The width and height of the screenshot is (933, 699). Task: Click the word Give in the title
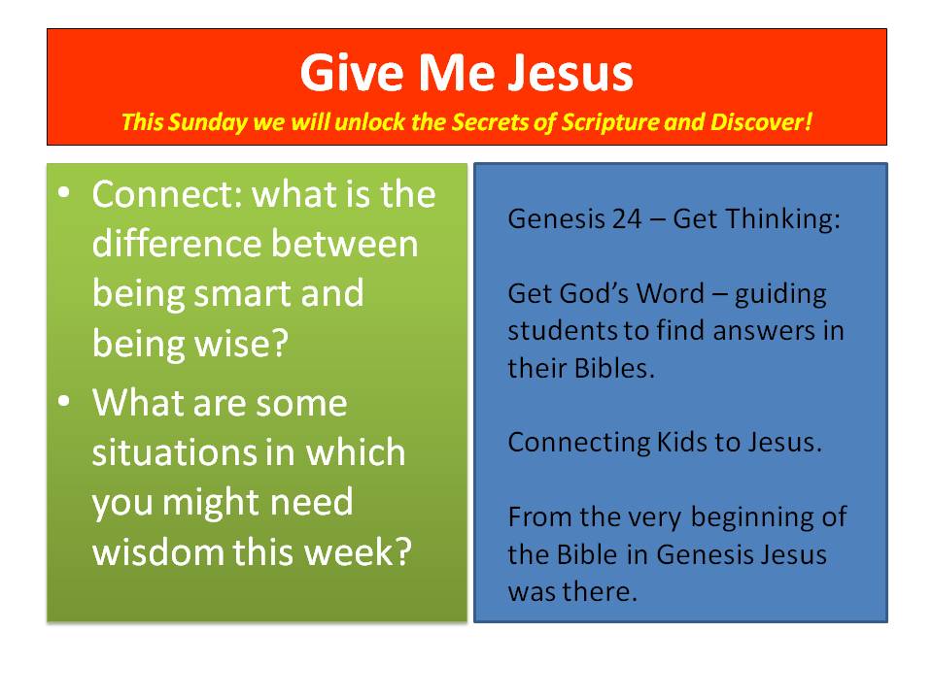[x=352, y=73]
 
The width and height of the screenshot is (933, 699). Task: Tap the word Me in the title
[x=457, y=73]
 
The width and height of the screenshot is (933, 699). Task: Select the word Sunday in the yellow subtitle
[x=207, y=122]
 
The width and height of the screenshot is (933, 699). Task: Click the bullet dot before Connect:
[x=64, y=192]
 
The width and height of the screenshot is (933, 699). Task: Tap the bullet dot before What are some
[x=64, y=401]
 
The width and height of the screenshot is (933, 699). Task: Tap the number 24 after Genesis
[x=627, y=219]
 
